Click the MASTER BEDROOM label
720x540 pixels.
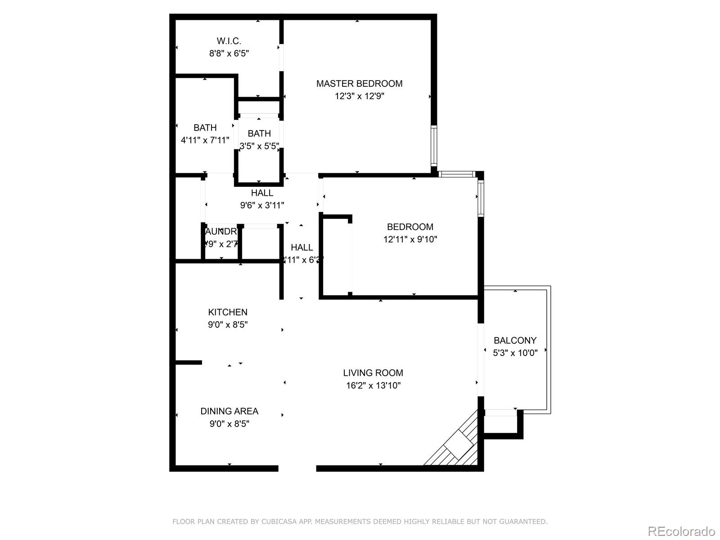coord(359,84)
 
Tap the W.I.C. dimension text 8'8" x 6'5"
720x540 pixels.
coord(229,54)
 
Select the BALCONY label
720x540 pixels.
coord(515,341)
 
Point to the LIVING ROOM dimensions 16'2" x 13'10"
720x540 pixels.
coord(373,386)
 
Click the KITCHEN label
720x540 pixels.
coord(228,312)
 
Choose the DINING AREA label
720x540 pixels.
coord(229,411)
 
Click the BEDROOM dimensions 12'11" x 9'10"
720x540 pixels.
coord(410,239)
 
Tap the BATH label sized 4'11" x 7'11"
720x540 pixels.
coord(205,128)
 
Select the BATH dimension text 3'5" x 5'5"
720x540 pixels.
coord(259,146)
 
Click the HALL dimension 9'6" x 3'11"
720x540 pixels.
coord(262,206)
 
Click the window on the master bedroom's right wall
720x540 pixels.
coord(434,146)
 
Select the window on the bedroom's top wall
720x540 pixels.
coord(456,174)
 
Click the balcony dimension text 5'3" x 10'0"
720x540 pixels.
coord(515,353)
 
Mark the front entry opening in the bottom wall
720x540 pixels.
coord(297,468)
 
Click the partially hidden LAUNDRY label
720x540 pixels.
coord(220,232)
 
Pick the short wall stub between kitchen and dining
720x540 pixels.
coord(188,362)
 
